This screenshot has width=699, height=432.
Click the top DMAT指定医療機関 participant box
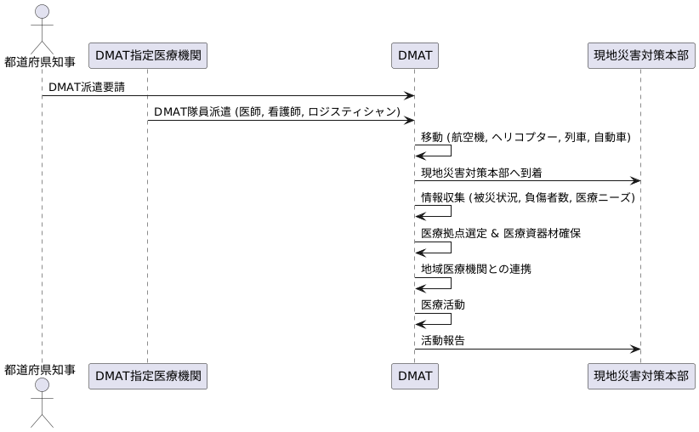pos(147,56)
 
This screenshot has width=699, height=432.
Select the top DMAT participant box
pos(415,56)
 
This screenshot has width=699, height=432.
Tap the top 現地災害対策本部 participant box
pos(640,56)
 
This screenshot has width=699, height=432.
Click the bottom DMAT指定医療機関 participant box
pos(147,375)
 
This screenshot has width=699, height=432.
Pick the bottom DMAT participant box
pos(415,375)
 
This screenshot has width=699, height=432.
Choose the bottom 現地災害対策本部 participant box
pos(640,375)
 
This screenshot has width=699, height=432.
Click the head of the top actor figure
pos(40,12)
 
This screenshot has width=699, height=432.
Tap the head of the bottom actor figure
pos(40,387)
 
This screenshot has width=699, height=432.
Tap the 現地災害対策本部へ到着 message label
pos(481,173)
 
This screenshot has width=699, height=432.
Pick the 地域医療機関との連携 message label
pos(476,269)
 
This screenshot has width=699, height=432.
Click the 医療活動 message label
pos(442,304)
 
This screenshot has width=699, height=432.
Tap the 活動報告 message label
pos(442,340)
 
